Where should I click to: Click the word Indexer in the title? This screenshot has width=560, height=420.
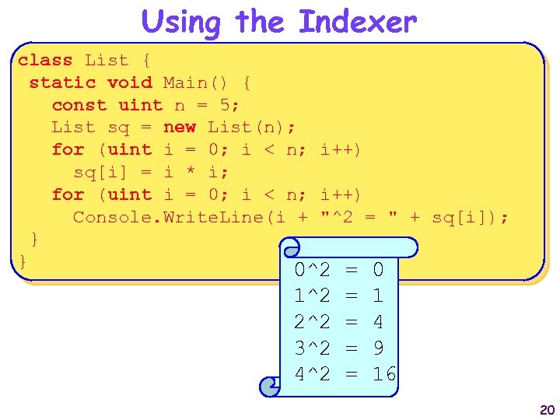(x=358, y=22)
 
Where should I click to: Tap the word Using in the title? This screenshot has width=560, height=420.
(x=180, y=22)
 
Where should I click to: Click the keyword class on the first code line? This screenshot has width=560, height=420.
(x=45, y=60)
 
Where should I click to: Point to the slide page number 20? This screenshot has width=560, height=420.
(x=547, y=410)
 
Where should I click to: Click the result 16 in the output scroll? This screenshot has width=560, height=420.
(x=384, y=374)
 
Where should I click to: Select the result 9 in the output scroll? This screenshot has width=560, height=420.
(x=379, y=348)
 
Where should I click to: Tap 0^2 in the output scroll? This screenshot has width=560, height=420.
(x=313, y=270)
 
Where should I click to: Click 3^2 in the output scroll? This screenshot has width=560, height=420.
(x=313, y=348)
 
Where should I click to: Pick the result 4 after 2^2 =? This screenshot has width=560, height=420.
(x=379, y=321)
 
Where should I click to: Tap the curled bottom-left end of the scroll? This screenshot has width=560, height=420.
(x=271, y=386)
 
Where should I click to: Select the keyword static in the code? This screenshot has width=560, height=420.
(x=62, y=82)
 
